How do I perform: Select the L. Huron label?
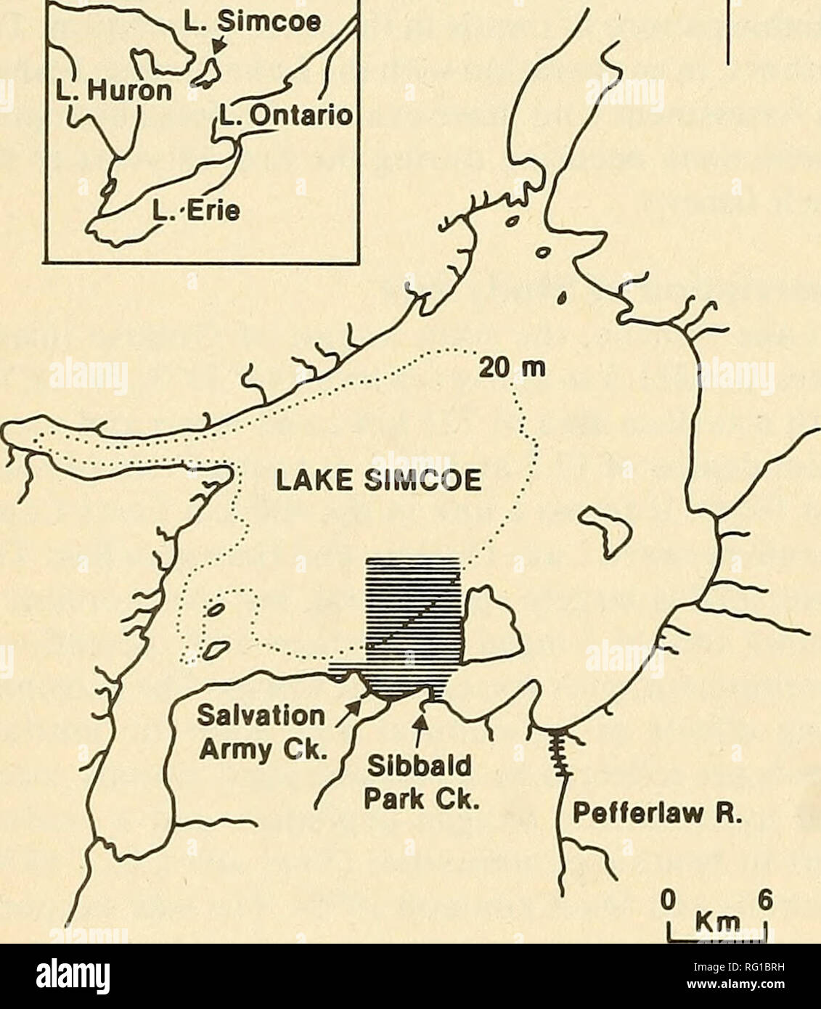coord(93,91)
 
